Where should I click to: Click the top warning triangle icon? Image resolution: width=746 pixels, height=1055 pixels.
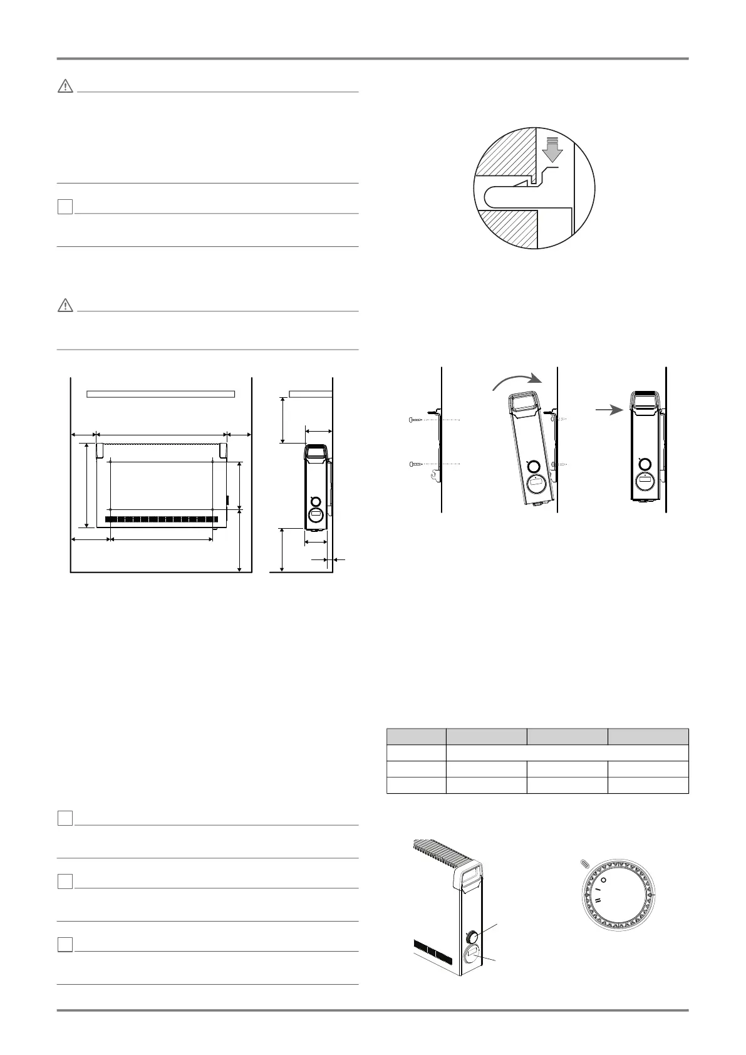[x=65, y=87]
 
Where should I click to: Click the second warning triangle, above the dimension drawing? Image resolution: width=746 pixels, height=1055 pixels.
[x=65, y=306]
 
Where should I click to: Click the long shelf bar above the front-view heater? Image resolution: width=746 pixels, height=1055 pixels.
[x=160, y=393]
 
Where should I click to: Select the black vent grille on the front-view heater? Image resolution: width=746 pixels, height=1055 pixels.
[x=162, y=519]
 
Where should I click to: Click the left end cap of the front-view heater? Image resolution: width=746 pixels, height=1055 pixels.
[x=100, y=450]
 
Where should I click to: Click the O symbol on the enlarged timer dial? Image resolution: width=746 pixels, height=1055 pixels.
[x=603, y=880]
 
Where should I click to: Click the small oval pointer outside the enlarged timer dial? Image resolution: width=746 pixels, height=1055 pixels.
[x=585, y=863]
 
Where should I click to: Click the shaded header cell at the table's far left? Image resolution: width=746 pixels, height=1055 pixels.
[x=416, y=736]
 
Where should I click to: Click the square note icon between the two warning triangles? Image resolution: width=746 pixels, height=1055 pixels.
[x=65, y=207]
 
